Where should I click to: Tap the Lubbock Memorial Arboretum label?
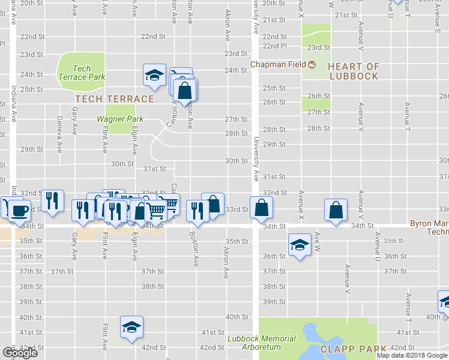pos(261,343)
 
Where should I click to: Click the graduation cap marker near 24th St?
pos(154,75)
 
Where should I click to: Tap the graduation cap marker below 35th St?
pos(300,244)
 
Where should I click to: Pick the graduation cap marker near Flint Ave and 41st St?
pos(131,326)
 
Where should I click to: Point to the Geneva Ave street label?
pos(59,139)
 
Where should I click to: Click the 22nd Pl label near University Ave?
pos(274,46)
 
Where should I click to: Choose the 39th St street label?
pos(274,301)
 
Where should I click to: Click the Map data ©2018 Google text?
pos(412,355)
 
